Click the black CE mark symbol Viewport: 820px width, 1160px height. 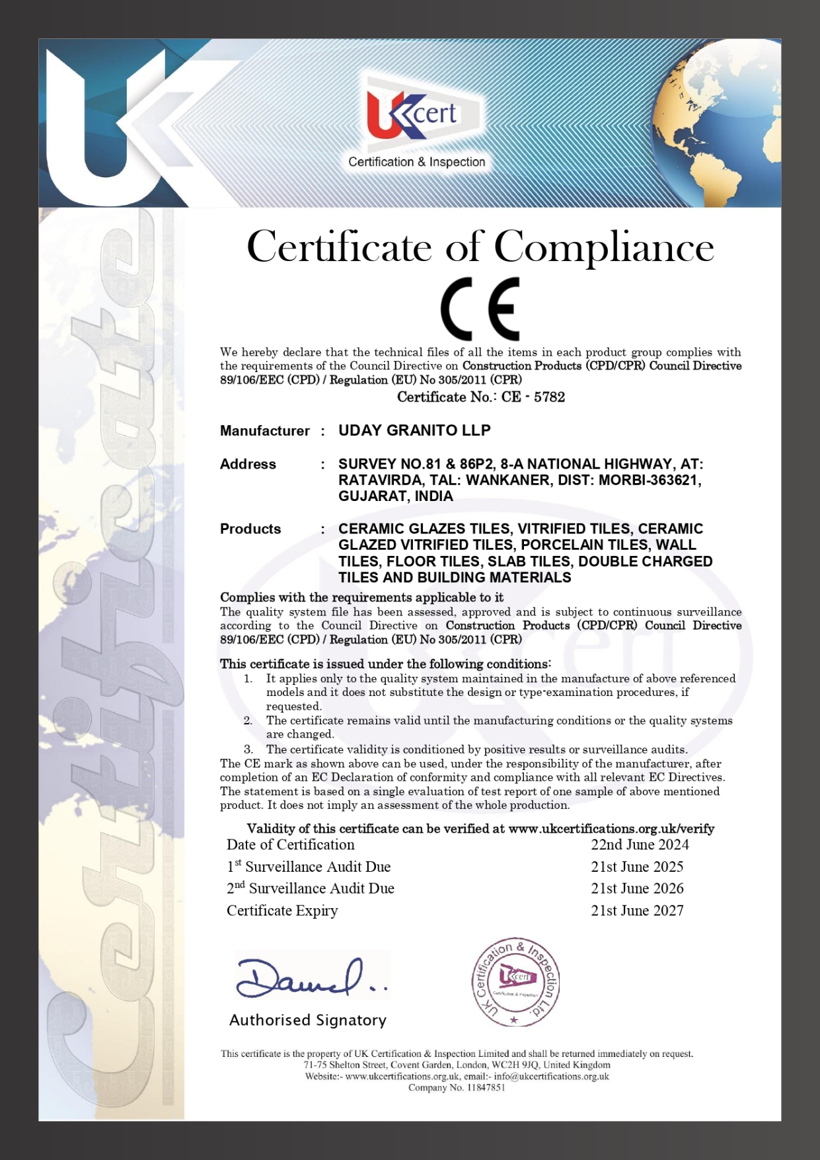[x=480, y=309]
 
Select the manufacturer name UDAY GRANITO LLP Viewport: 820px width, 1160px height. [x=414, y=430]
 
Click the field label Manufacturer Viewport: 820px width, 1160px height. [x=264, y=431]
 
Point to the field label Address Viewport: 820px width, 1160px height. [x=248, y=464]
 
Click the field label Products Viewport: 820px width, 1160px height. [x=250, y=529]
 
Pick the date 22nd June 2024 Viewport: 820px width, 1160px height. [x=640, y=845]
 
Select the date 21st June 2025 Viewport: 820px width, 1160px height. [x=637, y=867]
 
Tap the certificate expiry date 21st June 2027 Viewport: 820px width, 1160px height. [x=637, y=910]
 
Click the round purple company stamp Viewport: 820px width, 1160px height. [x=515, y=982]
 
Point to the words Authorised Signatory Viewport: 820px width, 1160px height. [x=308, y=1020]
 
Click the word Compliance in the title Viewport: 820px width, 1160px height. [x=604, y=247]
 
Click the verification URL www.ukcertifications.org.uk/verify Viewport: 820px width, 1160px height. [x=611, y=828]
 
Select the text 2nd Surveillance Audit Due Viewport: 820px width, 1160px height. [x=311, y=888]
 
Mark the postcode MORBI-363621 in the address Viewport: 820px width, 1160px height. [x=650, y=480]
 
